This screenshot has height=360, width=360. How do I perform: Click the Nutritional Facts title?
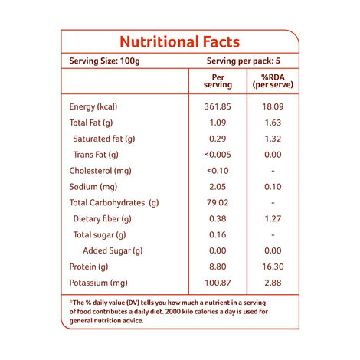tap(180, 42)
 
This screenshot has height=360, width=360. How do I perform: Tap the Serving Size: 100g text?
tap(105, 61)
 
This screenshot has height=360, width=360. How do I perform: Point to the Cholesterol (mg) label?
tap(100, 171)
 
